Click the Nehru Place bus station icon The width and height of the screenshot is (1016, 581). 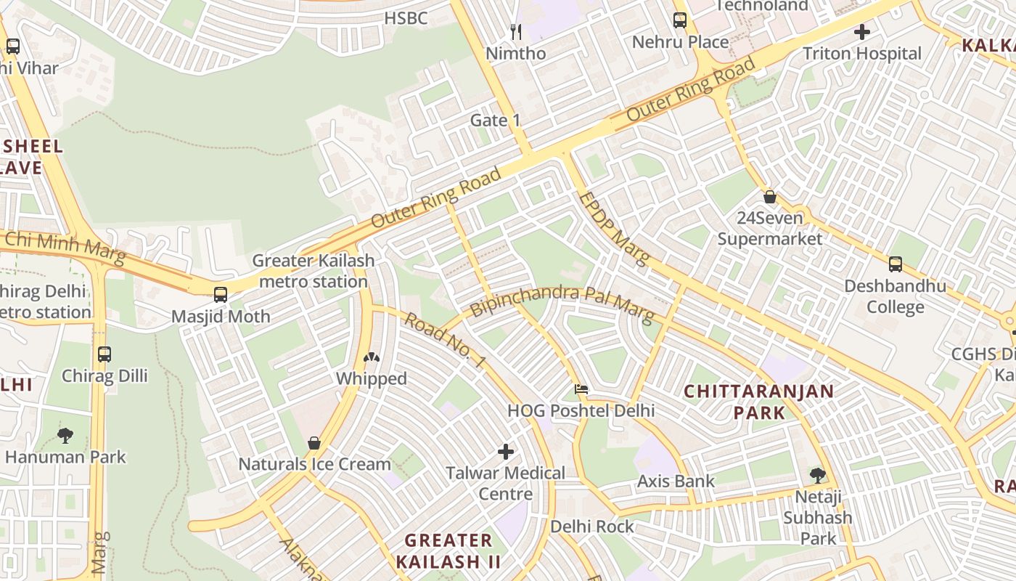click(680, 20)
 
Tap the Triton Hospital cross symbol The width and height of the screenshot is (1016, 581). click(862, 32)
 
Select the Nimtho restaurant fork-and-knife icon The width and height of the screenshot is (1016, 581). click(516, 31)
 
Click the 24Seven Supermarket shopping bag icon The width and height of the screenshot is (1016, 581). click(770, 197)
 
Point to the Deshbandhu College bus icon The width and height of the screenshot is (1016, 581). click(896, 264)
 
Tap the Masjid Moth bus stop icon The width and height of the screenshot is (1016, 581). click(221, 295)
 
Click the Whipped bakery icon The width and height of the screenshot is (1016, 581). click(372, 357)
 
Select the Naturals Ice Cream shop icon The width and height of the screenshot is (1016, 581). click(314, 442)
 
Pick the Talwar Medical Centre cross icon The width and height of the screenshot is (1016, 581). click(506, 452)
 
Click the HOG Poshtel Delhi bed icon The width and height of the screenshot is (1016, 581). click(581, 389)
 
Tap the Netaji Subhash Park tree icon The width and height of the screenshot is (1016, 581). click(818, 476)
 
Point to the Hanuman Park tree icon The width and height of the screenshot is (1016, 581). click(65, 436)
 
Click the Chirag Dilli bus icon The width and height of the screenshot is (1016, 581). click(105, 354)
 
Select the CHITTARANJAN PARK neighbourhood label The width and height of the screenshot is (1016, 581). click(759, 402)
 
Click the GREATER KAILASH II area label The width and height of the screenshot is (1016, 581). click(448, 550)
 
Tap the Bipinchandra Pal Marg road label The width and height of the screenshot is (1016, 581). click(562, 303)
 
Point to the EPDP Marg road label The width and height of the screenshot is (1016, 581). click(614, 227)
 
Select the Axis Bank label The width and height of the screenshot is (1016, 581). click(676, 481)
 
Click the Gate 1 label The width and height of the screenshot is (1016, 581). click(496, 120)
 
